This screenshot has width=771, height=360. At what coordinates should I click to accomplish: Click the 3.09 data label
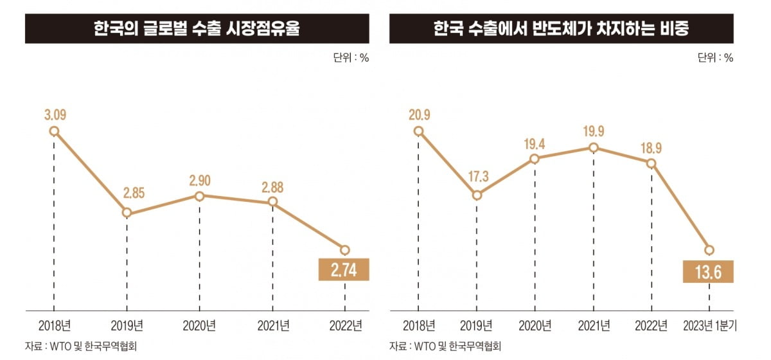coord(55,116)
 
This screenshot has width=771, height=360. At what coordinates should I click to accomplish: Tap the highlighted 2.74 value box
coord(344,270)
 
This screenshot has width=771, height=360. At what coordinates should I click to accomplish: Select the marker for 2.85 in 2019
coord(127,213)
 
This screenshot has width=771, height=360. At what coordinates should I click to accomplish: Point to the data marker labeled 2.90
coord(200,196)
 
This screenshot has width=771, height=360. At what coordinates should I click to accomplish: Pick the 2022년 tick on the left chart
coord(344,325)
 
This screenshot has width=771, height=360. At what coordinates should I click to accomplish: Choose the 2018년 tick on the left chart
coord(54,325)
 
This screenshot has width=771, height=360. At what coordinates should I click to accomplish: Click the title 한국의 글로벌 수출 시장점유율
coord(197,30)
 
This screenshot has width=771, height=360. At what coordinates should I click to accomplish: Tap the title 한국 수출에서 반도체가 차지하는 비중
coord(561,30)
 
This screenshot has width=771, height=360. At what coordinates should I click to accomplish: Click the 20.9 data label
coord(419,116)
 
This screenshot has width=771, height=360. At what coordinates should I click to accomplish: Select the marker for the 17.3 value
coord(477,195)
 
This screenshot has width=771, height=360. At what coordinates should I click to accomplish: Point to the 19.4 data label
coord(535,142)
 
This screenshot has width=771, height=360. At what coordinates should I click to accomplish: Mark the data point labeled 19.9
coord(593,148)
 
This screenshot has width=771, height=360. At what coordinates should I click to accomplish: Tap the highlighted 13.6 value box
coord(708,272)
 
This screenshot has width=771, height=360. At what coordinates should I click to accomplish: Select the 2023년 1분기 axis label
coord(709,325)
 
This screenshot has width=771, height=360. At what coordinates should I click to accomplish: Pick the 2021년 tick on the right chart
coord(593,325)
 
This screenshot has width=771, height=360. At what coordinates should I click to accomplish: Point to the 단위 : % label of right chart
coord(714,58)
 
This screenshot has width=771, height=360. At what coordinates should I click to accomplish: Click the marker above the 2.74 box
coord(344,249)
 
